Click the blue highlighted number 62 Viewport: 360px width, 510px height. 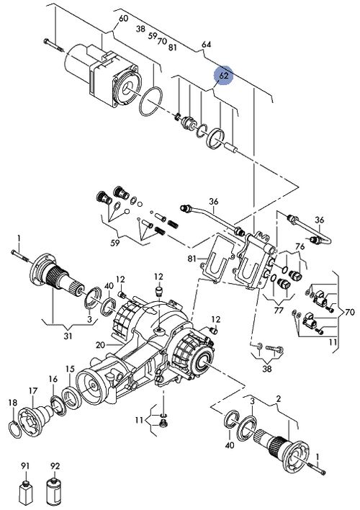coord(223,76)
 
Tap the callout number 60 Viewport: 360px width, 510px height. coord(124,19)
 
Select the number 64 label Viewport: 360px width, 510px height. coord(206,44)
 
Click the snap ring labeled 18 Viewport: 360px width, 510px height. coord(14,431)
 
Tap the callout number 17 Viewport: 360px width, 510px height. coord(33,391)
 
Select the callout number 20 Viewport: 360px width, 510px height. coord(100,345)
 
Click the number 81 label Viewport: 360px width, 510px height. coord(192,259)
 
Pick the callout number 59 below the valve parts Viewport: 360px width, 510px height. coord(114,243)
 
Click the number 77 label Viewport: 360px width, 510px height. coord(279,310)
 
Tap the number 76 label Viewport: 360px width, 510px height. coord(300,247)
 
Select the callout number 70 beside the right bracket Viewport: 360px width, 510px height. coord(349,313)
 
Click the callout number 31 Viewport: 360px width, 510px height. coord(68,336)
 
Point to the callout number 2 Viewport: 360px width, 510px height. coord(279,398)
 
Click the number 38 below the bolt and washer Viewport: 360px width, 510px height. coord(267,369)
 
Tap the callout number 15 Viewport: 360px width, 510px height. coord(70,369)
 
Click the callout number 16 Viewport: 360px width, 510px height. coord(53,379)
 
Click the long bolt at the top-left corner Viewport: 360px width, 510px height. coord(54,45)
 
